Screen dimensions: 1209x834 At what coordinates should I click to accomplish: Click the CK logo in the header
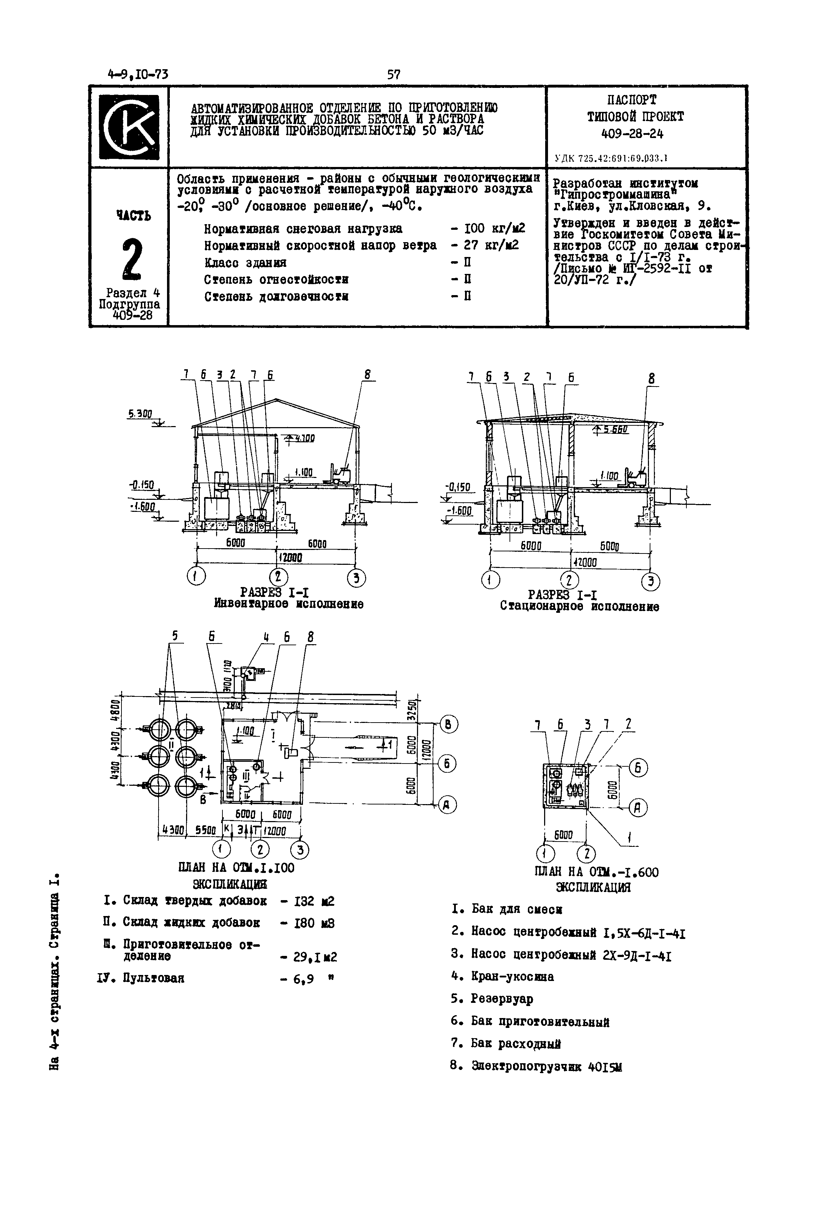coord(129,127)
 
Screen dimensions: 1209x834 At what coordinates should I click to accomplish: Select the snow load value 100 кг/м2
coord(494,228)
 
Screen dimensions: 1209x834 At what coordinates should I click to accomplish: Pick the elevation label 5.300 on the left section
coord(139,414)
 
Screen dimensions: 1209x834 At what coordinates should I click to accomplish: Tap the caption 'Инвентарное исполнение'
coord(288,604)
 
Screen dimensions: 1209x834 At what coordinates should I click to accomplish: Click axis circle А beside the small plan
coord(638,808)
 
